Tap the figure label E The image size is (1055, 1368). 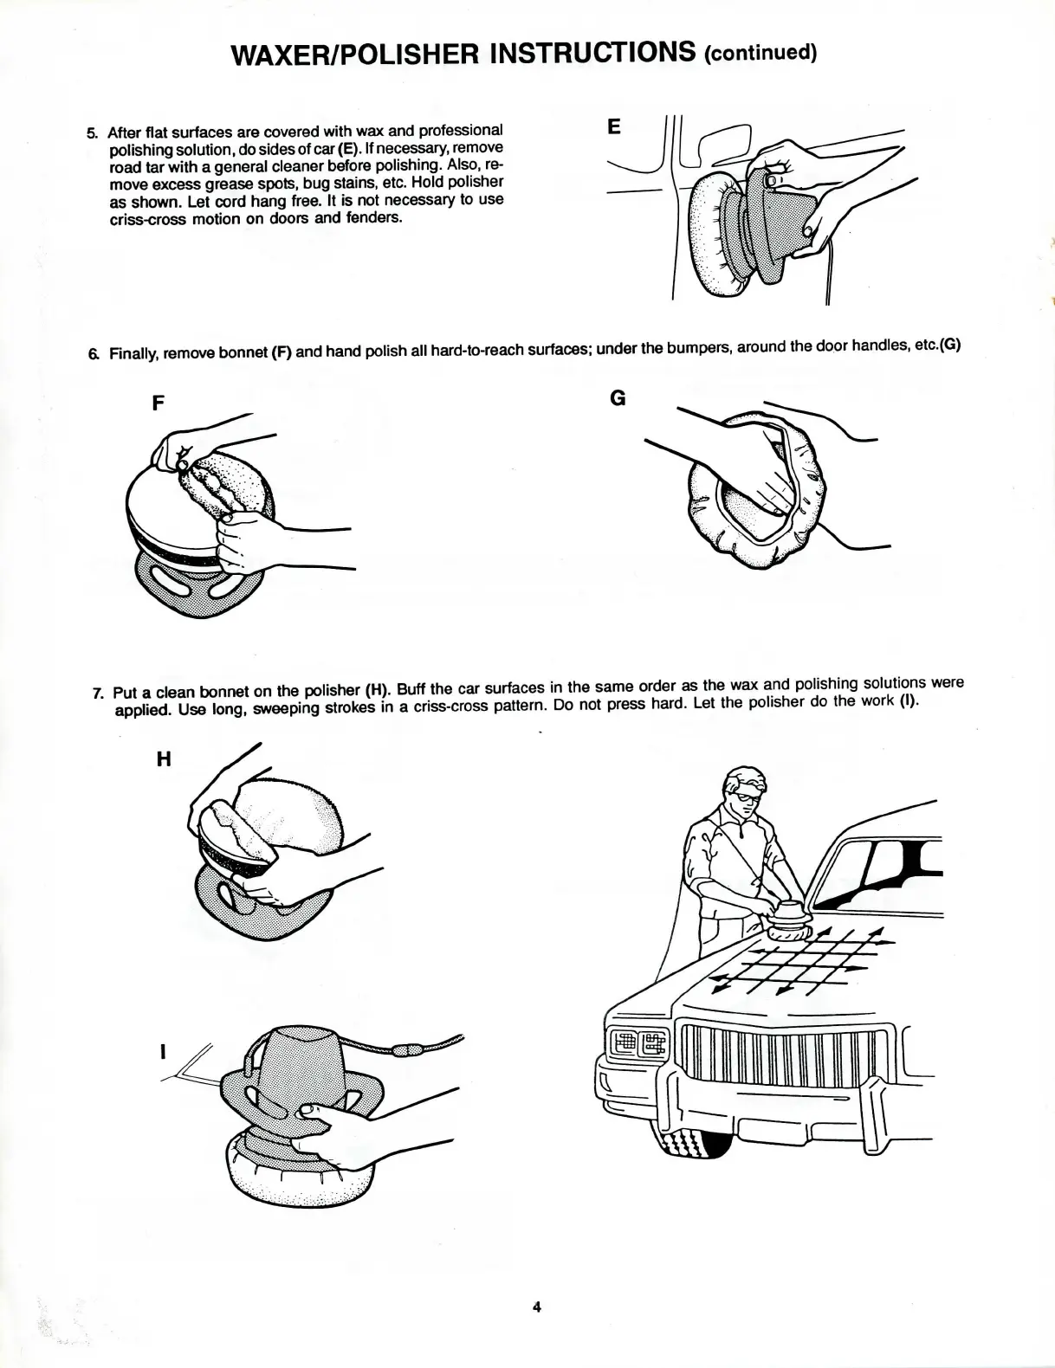coord(614,127)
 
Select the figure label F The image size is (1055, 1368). coord(159,403)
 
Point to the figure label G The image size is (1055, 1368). coord(618,397)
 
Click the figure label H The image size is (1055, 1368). coord(163,758)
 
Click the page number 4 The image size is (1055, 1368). coord(536,1307)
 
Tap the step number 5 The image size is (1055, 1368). coord(92,132)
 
